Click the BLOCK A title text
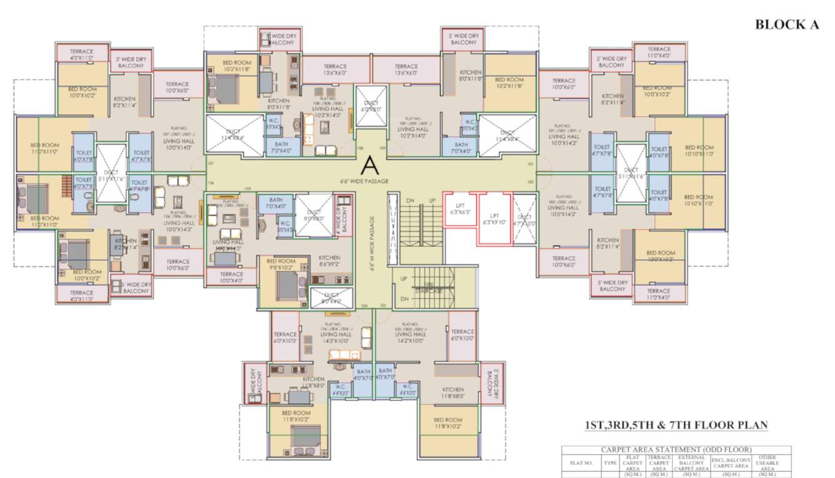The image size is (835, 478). coord(787,24)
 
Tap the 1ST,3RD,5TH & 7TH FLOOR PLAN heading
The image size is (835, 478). coord(676,425)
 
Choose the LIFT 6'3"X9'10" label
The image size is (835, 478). coord(494,218)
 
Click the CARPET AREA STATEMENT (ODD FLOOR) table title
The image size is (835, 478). coord(676,449)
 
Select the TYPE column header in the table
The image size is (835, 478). coord(610,464)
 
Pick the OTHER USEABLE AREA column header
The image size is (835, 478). coord(767,464)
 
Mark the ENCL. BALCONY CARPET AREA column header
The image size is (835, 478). coord(730,464)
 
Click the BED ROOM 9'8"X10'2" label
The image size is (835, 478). coord(281,265)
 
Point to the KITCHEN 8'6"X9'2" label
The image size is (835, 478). coord(329,261)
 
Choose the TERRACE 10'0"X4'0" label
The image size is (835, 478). coord(231,277)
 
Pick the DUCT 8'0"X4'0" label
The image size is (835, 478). coord(331,298)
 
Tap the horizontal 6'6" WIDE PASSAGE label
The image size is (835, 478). coord(364,181)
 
